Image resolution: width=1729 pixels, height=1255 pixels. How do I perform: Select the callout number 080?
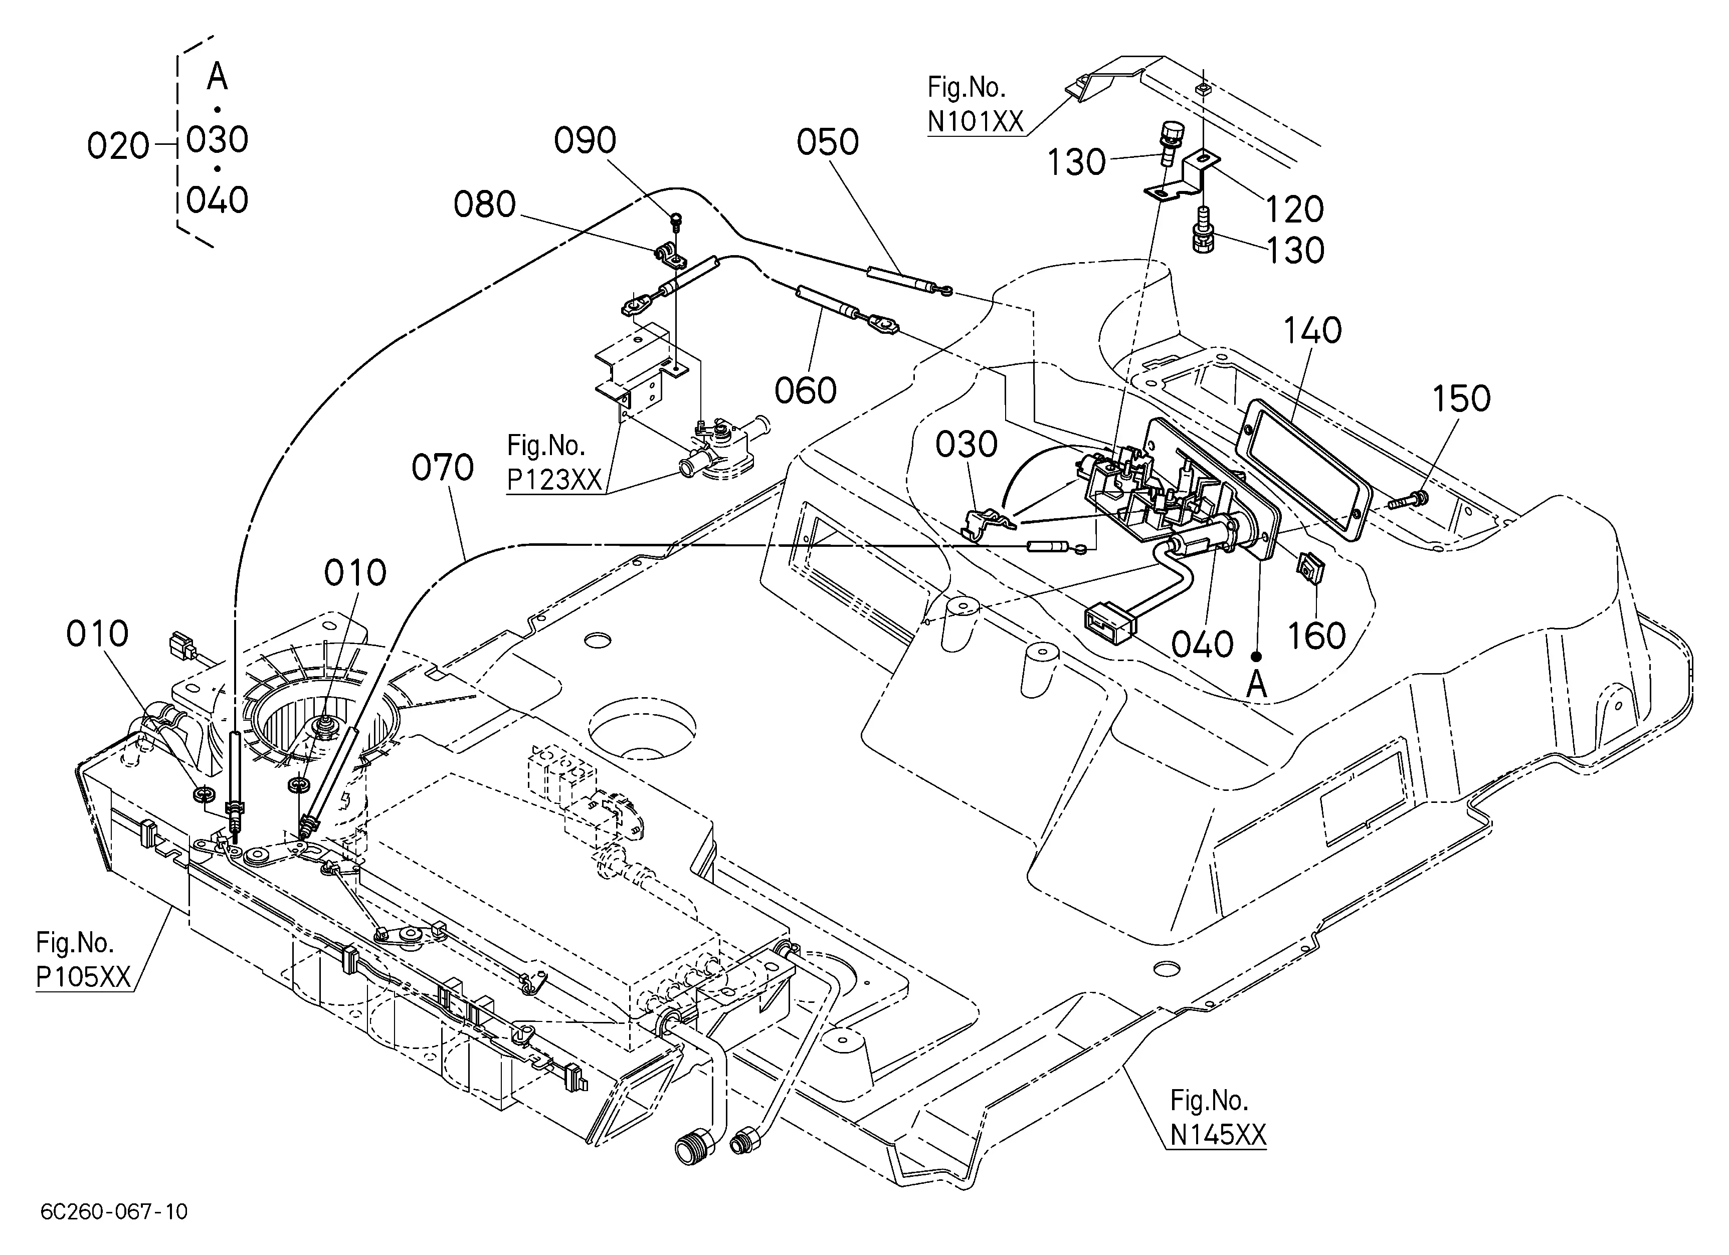pyautogui.click(x=485, y=205)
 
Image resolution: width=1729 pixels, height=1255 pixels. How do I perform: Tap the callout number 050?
pyautogui.click(x=828, y=142)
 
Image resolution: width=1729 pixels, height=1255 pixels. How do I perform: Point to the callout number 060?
pyautogui.click(x=806, y=391)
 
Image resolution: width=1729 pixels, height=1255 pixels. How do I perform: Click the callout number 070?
pyautogui.click(x=443, y=468)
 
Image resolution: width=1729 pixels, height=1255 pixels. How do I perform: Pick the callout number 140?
pyautogui.click(x=1313, y=331)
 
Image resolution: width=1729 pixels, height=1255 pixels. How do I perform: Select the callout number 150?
pyautogui.click(x=1461, y=398)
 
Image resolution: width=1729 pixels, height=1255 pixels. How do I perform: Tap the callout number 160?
pyautogui.click(x=1316, y=636)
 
